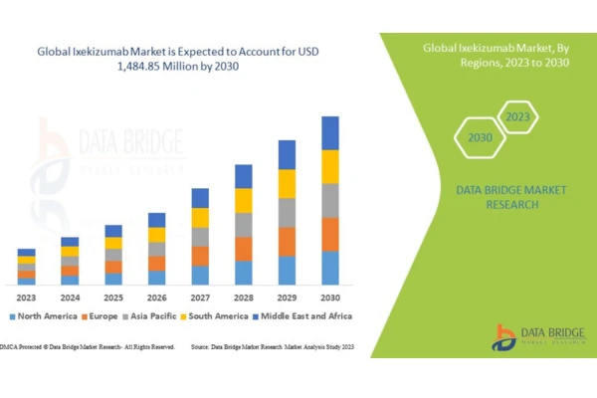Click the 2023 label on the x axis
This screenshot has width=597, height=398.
pos(26,296)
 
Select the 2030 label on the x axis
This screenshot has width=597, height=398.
pos(329,296)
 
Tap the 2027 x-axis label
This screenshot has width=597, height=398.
pos(200,296)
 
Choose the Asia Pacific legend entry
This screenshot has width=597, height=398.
pos(148,316)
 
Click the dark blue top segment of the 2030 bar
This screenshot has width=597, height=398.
pos(330,133)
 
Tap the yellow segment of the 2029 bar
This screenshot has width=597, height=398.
pos(287,184)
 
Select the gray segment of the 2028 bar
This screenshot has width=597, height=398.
pos(244,225)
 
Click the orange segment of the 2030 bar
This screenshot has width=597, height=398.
pos(330,234)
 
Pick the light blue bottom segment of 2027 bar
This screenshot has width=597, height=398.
pos(200,275)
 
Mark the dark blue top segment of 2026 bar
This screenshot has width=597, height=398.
pos(156,220)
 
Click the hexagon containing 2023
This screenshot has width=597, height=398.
pos(517,117)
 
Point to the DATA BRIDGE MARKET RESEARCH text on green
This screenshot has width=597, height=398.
pos(497,196)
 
